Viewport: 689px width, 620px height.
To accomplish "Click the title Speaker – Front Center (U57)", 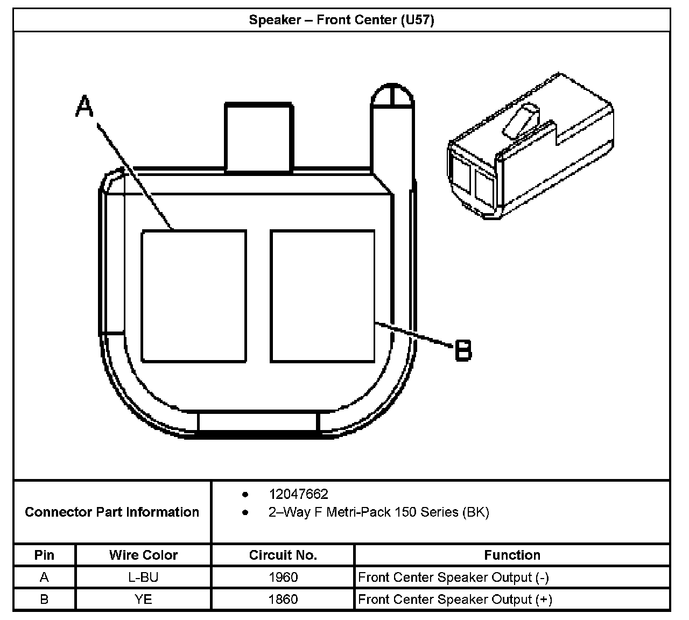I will coord(341,20).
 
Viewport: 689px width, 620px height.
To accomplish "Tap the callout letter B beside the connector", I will coord(463,350).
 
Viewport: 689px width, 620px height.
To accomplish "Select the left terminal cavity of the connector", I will coord(194,296).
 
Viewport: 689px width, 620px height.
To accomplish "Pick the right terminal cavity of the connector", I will coord(322,296).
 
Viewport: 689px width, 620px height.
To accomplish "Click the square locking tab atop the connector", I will coord(259,137).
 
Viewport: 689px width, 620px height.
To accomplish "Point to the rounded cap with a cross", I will coord(392,96).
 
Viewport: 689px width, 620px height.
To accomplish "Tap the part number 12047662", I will coord(298,494).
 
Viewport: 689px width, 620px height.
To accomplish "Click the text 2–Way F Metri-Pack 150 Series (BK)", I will coord(378,512).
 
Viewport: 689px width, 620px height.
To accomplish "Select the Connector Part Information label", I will coord(112,512).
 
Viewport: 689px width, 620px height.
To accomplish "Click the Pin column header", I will coord(44,555).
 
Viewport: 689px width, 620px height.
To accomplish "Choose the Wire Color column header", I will coord(143,555).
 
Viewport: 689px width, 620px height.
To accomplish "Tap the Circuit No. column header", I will coord(283,555).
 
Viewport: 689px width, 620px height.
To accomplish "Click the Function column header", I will coord(512,555).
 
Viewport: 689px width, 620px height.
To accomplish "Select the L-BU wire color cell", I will coord(143,577).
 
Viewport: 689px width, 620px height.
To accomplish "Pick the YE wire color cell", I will coord(143,599).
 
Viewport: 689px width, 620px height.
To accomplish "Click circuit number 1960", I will coord(283,577).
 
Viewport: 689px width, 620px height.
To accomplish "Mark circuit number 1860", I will coord(283,599).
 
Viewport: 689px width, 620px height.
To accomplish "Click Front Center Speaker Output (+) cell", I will coord(455,599).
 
